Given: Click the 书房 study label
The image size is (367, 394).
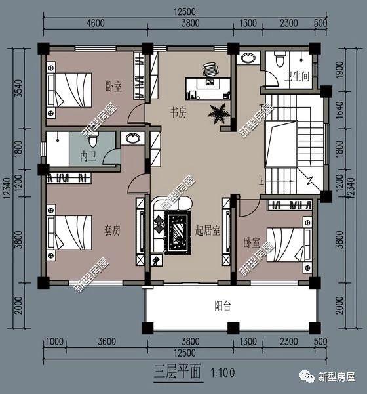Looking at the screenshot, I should click(x=179, y=112).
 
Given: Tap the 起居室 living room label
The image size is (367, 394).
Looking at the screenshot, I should click(x=207, y=230).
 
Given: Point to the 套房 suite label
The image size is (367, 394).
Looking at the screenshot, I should click(x=113, y=230).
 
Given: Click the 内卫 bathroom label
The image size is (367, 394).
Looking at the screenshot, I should click(x=88, y=158).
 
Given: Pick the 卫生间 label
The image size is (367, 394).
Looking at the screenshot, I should click(x=296, y=76).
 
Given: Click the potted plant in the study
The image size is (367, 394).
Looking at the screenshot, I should click(x=219, y=113).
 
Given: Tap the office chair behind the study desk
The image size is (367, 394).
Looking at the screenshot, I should click(x=210, y=70).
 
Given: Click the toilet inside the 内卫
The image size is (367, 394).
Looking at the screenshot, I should click(x=93, y=140).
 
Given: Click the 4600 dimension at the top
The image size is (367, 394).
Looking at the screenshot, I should click(x=95, y=24).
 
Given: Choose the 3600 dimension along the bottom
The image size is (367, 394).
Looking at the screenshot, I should click(x=106, y=341).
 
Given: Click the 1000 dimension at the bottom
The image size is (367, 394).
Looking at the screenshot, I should click(x=54, y=341).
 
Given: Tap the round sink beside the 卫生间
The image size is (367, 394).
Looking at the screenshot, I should click(x=248, y=59).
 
